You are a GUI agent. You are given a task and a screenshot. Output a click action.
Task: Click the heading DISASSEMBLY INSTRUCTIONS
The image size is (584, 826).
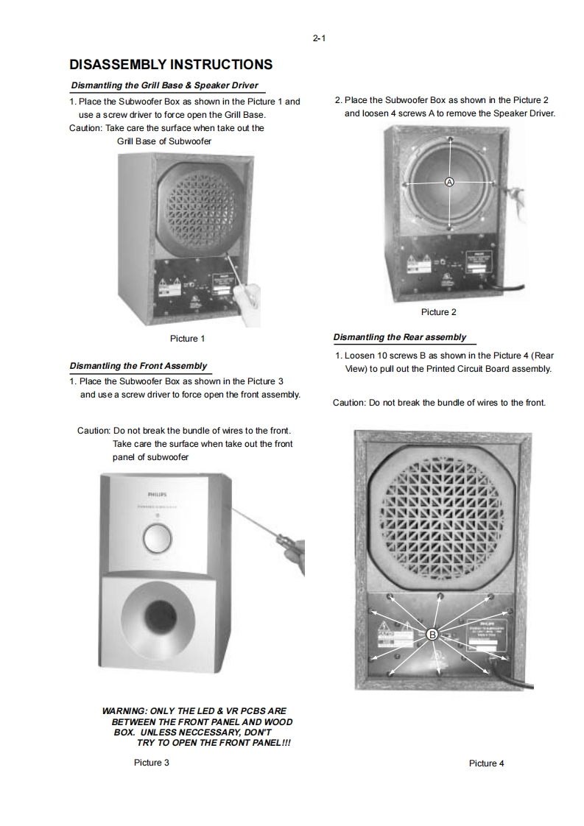click(x=171, y=65)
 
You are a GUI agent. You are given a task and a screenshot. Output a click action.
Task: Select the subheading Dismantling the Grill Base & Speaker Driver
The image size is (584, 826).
click(x=164, y=85)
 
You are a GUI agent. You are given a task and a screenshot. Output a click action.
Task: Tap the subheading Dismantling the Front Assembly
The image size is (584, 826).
click(x=138, y=366)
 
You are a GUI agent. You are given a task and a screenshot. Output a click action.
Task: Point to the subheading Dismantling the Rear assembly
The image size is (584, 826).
click(x=400, y=337)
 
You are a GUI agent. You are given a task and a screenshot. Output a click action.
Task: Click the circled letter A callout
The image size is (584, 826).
click(x=449, y=182)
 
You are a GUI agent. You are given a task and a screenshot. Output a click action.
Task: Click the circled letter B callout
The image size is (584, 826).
click(x=433, y=633)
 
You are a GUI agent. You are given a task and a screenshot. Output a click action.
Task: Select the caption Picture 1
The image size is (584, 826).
click(x=187, y=339)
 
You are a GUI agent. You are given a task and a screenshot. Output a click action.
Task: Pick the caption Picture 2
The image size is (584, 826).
click(x=438, y=312)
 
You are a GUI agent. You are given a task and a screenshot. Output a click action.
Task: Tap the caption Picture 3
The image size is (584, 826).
click(x=152, y=763)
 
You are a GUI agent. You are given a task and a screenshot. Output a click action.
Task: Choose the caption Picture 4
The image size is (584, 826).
click(x=486, y=763)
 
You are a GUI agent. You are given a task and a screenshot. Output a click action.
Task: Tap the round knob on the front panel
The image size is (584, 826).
click(x=155, y=539)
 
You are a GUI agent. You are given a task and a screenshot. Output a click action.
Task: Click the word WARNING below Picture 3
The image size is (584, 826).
click(x=124, y=711)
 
